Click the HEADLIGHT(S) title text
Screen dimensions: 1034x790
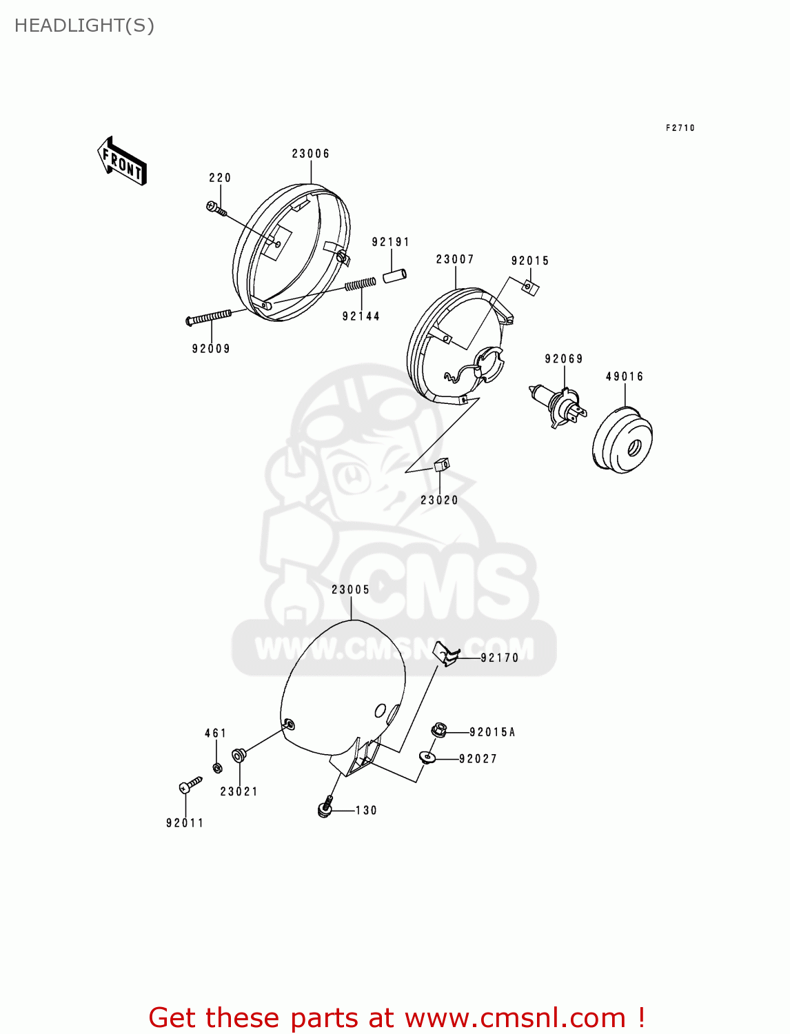84,26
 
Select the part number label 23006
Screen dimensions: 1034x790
310,154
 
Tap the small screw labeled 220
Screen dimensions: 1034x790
216,207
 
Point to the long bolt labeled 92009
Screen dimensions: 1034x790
209,317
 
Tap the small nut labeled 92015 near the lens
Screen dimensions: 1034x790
530,287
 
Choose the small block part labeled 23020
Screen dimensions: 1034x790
441,465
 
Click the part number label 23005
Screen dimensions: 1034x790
350,589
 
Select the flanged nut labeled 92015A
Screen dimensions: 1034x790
440,729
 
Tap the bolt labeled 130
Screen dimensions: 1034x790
326,807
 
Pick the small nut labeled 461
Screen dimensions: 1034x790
216,767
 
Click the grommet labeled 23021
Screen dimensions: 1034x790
239,754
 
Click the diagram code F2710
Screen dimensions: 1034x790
680,128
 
